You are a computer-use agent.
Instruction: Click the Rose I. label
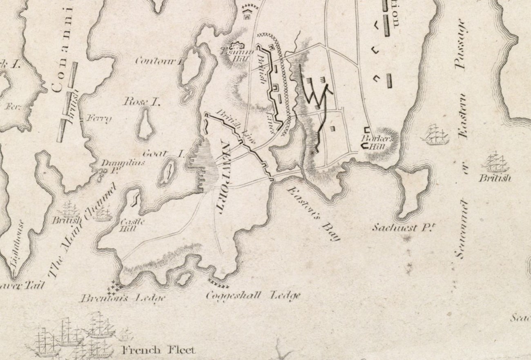coord(141,102)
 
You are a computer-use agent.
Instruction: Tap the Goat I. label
coord(162,154)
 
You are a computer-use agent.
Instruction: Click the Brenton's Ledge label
coord(123,298)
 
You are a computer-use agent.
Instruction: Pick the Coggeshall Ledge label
coord(253,295)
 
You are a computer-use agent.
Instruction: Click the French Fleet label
coord(158,350)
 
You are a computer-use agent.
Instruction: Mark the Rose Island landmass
coord(145,124)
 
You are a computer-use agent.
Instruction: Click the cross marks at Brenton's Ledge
coord(113,288)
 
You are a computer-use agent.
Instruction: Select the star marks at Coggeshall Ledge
coord(219,284)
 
